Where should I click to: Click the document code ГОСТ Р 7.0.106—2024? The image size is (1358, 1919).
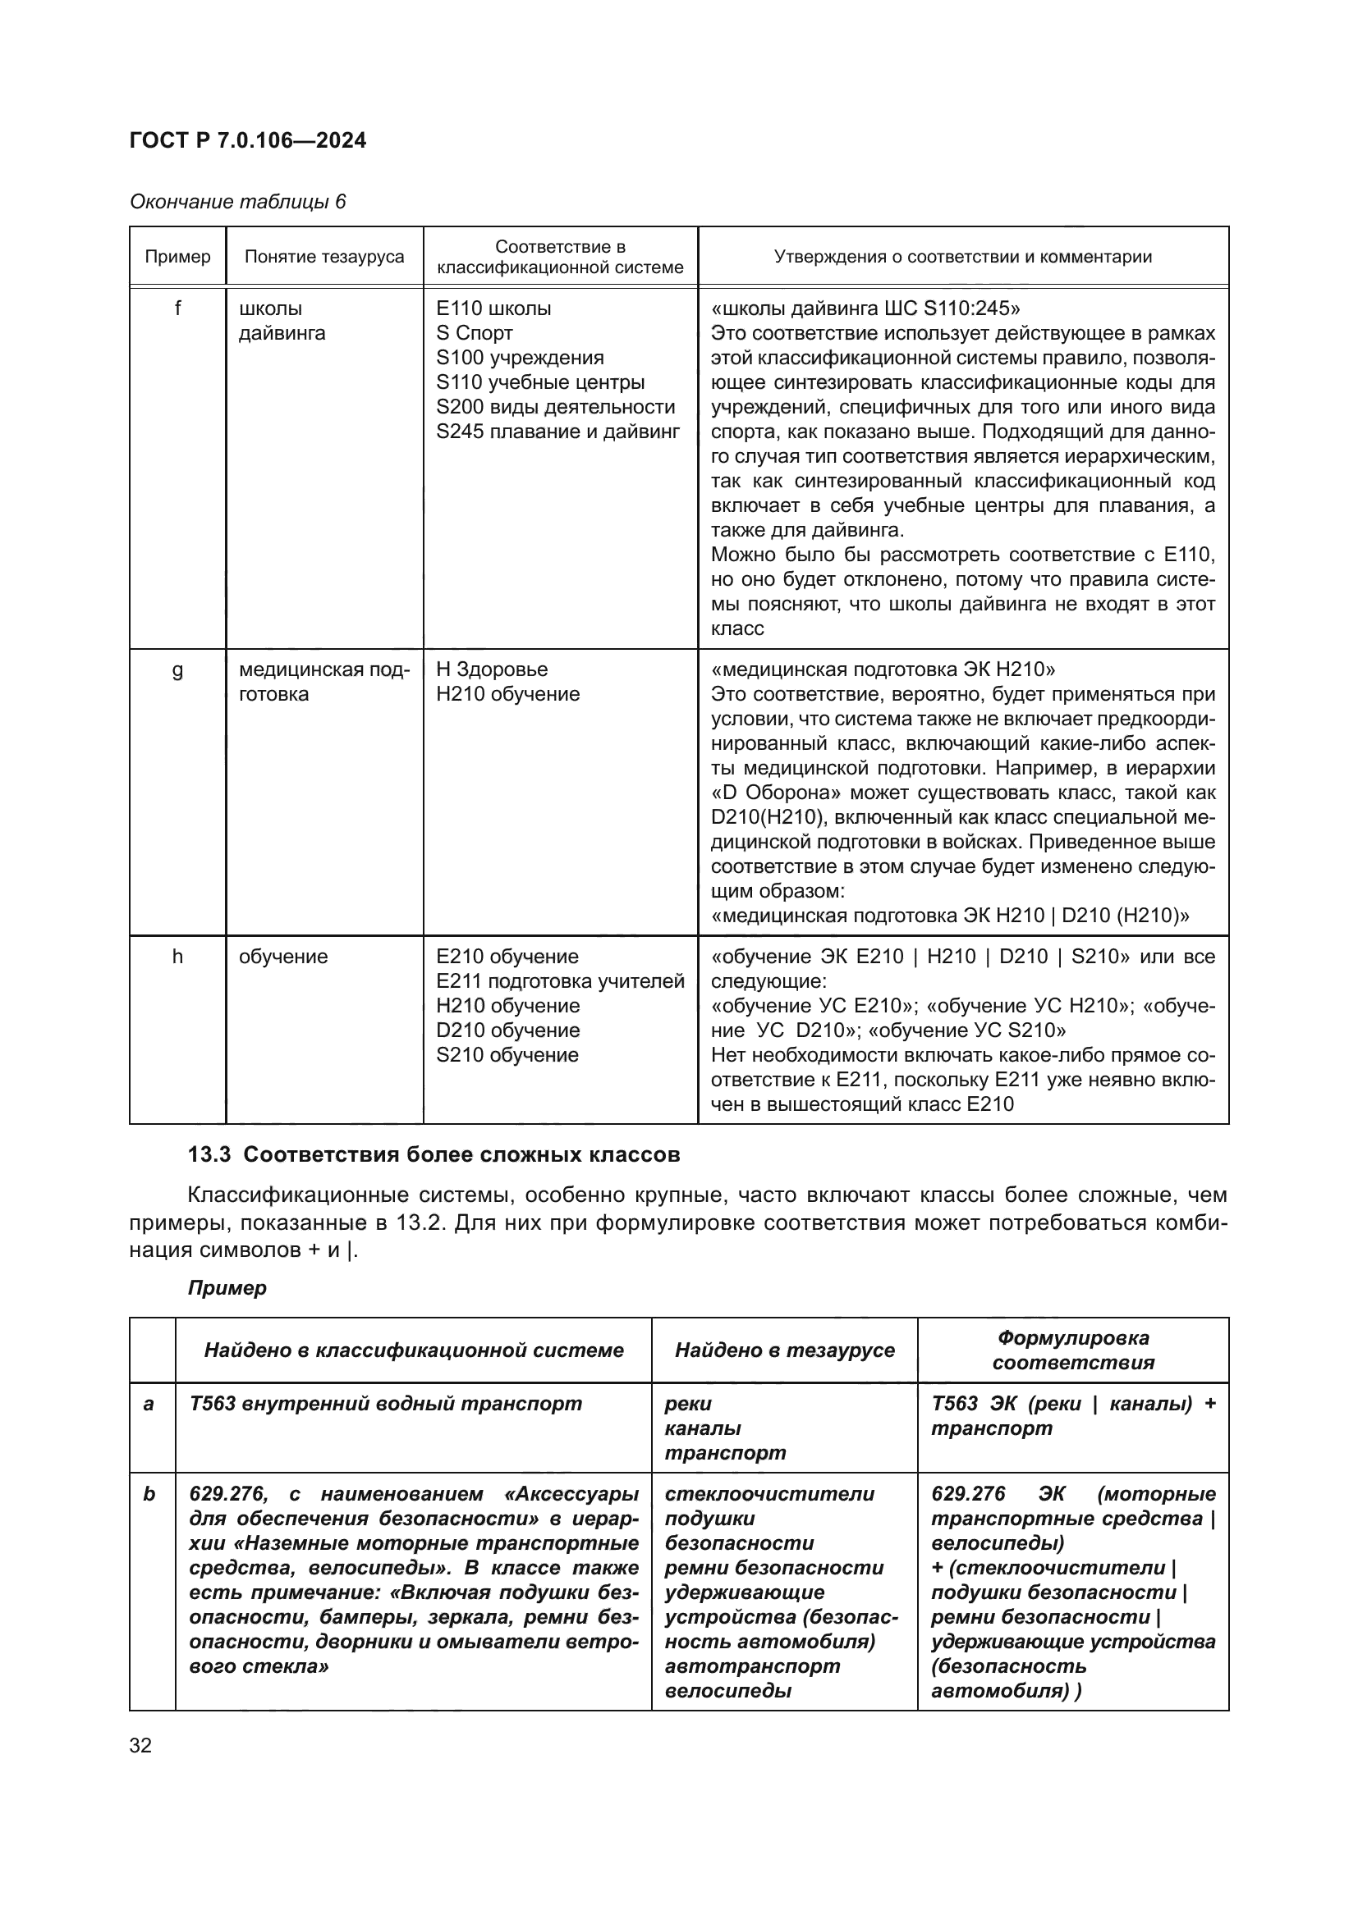pyautogui.click(x=247, y=140)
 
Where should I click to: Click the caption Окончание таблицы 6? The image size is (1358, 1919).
pyautogui.click(x=237, y=202)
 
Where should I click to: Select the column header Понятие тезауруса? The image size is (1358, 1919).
pyautogui.click(x=323, y=257)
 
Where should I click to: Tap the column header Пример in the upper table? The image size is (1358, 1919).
pyautogui.click(x=177, y=257)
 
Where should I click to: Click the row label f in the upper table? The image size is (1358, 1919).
pyautogui.click(x=177, y=308)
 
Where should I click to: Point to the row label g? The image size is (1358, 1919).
pyautogui.click(x=177, y=669)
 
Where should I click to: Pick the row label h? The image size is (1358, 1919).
pyautogui.click(x=177, y=956)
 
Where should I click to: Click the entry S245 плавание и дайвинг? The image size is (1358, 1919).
pyautogui.click(x=557, y=432)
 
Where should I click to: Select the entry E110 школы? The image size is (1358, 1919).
pyautogui.click(x=493, y=308)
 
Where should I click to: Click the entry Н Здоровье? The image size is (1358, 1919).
pyautogui.click(x=492, y=669)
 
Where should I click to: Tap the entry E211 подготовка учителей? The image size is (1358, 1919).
pyautogui.click(x=559, y=981)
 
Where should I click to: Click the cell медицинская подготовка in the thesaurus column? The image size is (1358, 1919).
pyautogui.click(x=323, y=682)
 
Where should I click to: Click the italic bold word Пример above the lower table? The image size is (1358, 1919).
pyautogui.click(x=227, y=1288)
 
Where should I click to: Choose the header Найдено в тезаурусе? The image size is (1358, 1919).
pyautogui.click(x=783, y=1350)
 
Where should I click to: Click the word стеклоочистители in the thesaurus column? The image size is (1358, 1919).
pyautogui.click(x=768, y=1493)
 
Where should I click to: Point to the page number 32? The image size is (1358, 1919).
pyautogui.click(x=140, y=1746)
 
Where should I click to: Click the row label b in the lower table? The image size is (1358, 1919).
pyautogui.click(x=149, y=1493)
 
